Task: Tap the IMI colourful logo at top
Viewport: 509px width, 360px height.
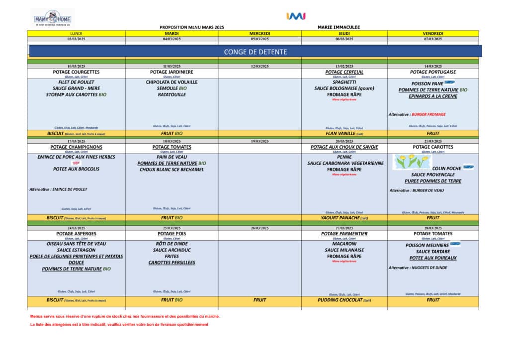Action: tap(296, 16)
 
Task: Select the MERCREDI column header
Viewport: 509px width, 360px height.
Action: tap(259, 33)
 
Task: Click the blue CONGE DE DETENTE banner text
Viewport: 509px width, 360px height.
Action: tap(255, 52)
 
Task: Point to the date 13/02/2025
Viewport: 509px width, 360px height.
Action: tap(344, 66)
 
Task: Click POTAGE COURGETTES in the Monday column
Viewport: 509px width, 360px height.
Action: tap(76, 72)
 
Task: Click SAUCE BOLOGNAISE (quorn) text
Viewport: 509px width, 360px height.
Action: tap(344, 89)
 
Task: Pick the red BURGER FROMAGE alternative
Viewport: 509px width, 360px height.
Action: tap(429, 114)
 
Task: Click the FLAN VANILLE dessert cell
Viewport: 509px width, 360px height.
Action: tap(344, 133)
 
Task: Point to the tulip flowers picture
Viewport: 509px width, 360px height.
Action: tap(411, 161)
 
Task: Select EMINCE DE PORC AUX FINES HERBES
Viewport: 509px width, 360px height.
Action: tap(76, 157)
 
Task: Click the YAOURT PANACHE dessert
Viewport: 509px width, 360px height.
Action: tap(344, 217)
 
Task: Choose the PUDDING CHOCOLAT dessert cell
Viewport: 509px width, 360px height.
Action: tap(344, 300)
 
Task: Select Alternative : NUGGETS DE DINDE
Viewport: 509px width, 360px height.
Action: tap(418, 268)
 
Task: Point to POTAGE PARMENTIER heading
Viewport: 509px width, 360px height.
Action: tap(344, 234)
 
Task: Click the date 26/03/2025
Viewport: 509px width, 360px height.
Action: tap(259, 228)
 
